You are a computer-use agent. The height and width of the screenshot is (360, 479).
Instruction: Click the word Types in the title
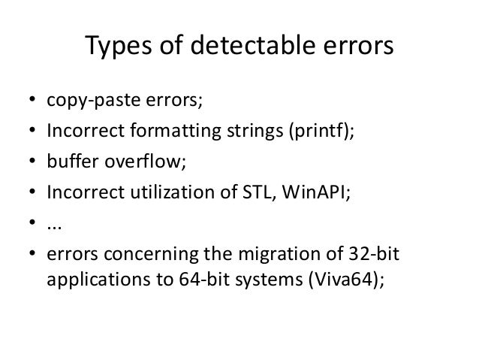119,49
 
